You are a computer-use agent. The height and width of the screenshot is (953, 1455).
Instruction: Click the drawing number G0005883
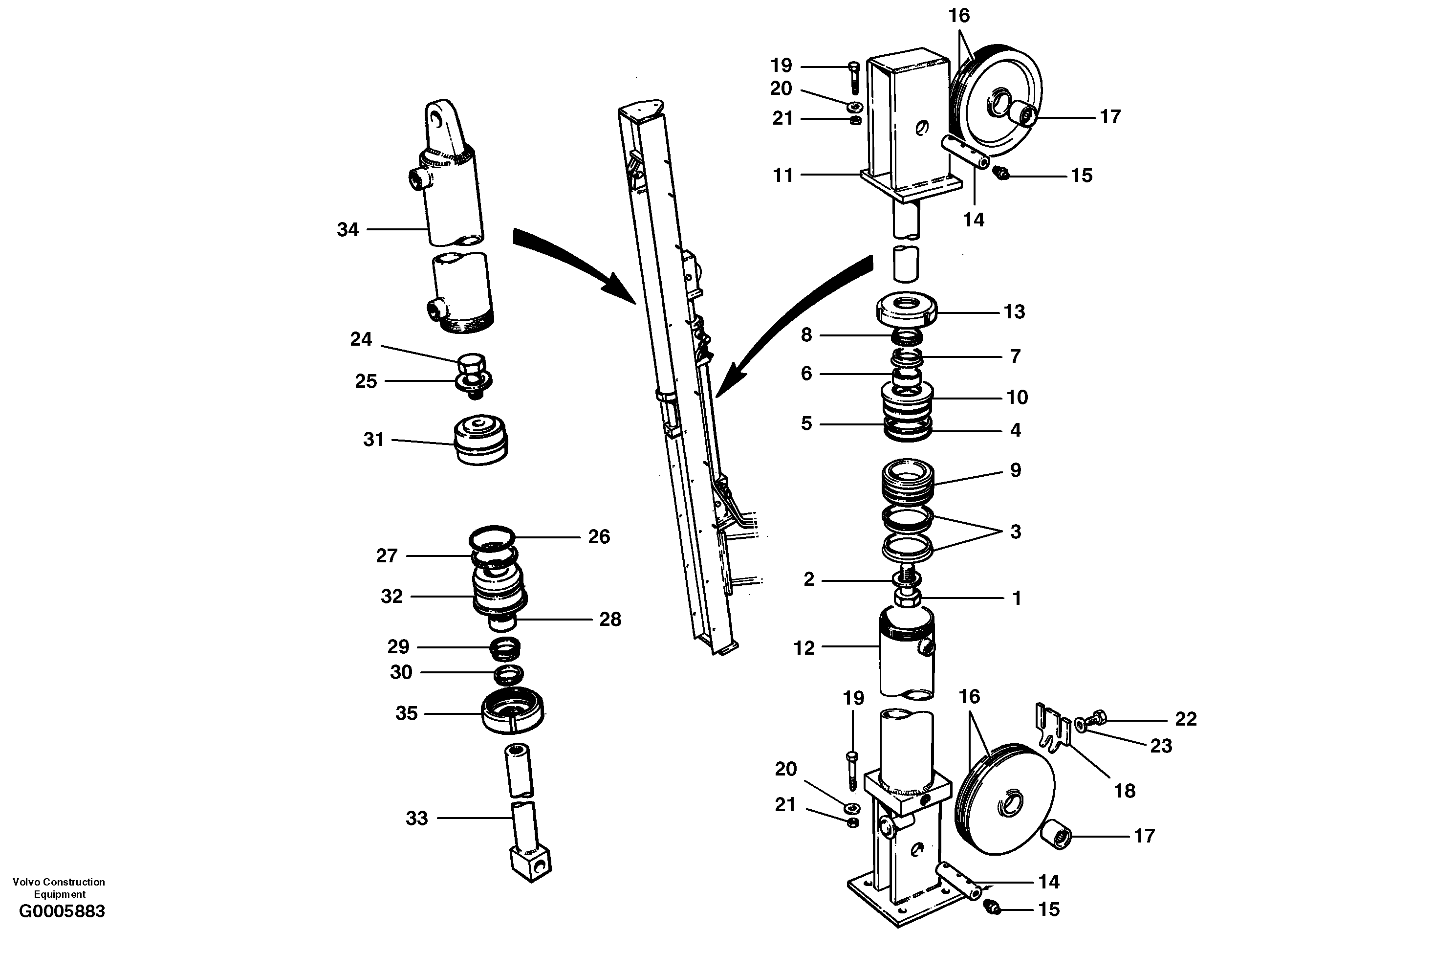(x=62, y=912)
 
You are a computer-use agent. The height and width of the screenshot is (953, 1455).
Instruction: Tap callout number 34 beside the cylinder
(x=348, y=230)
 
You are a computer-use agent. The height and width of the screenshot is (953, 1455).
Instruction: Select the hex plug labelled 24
(x=471, y=365)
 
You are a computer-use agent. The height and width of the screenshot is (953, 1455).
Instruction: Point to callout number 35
(x=407, y=713)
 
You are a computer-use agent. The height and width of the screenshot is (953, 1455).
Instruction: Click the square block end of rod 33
(x=530, y=863)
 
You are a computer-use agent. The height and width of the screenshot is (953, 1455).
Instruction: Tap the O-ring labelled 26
(x=492, y=536)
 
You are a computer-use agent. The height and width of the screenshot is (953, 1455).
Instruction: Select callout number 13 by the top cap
(x=1014, y=312)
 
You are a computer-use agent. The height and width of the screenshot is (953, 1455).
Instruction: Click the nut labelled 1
(x=907, y=598)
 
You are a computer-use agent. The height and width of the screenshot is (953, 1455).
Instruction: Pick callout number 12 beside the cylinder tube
(x=804, y=648)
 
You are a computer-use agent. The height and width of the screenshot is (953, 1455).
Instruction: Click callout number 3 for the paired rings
(x=1016, y=532)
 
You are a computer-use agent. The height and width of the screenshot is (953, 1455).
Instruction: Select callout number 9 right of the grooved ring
(x=1016, y=470)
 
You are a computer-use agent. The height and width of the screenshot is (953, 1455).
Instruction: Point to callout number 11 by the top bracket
(x=783, y=176)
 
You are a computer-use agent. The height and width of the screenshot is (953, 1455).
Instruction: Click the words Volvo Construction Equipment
(x=59, y=887)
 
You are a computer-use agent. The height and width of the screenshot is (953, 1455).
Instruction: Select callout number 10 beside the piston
(x=1017, y=398)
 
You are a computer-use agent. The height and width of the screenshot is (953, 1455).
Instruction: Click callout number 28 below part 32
(x=610, y=620)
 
